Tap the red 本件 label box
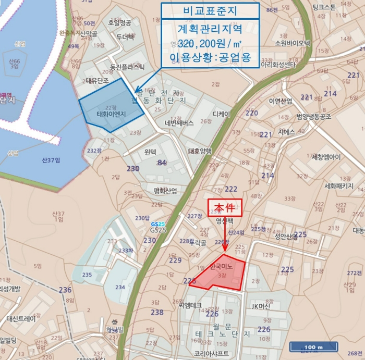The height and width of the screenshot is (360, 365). pos(225,207)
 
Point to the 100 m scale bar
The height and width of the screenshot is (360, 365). pos(314,347)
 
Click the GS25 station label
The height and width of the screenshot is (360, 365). pos(158,230)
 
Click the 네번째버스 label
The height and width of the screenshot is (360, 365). pos(179,123)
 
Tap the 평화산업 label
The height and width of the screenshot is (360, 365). pos(165,191)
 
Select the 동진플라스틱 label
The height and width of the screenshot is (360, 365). pos(127,67)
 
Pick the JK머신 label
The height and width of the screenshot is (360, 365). pos(261,306)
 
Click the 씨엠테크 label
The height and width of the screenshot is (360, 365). pos(189,305)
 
